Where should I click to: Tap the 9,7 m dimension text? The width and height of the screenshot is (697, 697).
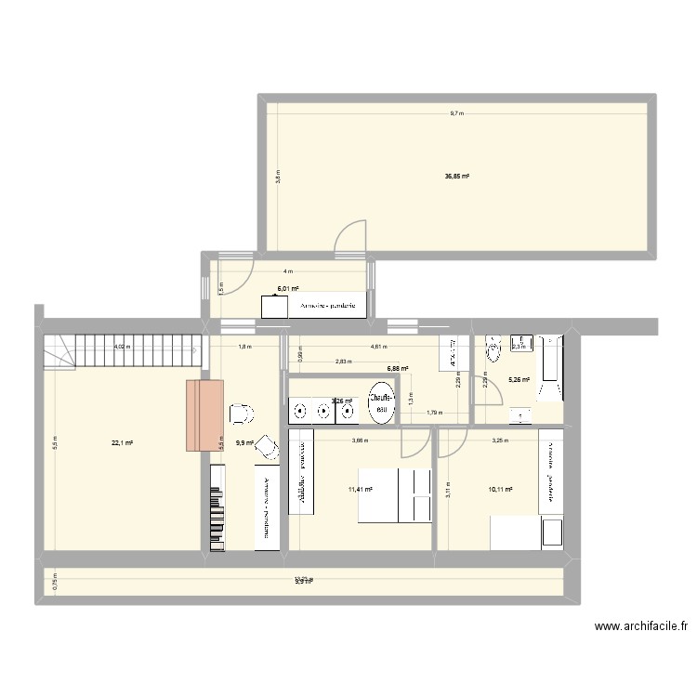[456, 114]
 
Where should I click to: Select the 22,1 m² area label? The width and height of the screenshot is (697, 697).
[123, 443]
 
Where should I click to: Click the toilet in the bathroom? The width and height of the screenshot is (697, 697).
[493, 347]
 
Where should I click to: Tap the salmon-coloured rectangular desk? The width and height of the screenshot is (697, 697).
[204, 415]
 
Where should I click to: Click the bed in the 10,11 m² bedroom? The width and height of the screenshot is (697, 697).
[526, 533]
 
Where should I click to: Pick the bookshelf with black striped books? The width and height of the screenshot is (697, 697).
[217, 506]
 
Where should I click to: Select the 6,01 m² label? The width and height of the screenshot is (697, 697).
[287, 288]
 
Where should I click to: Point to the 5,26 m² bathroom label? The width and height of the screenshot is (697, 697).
[519, 379]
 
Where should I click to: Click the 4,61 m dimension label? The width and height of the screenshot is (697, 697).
[379, 347]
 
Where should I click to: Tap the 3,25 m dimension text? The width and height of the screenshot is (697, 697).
[498, 441]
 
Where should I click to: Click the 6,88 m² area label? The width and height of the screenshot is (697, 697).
[400, 368]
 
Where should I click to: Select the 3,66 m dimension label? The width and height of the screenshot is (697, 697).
[358, 441]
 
